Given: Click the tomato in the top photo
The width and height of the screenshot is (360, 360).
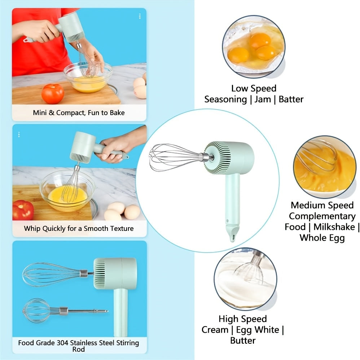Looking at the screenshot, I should pos(52,93).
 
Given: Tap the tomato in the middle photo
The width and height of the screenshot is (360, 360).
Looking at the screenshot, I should pos(23,210).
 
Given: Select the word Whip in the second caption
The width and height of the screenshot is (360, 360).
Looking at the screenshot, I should pos(32,228).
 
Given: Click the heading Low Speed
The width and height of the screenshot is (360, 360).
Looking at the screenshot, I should pos(254,88).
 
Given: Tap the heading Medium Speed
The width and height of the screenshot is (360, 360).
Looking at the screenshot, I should pos(322,205).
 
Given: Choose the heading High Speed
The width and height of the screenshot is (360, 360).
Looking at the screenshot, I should pos(242,319).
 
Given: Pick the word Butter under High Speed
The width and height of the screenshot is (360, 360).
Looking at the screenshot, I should pos(243,340).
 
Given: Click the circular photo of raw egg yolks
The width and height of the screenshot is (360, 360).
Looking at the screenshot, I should pos(253,47).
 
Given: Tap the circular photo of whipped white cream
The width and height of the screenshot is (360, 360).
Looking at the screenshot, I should pos(245,278).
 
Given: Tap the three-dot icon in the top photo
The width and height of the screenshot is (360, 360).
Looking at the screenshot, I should pos(140,16).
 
